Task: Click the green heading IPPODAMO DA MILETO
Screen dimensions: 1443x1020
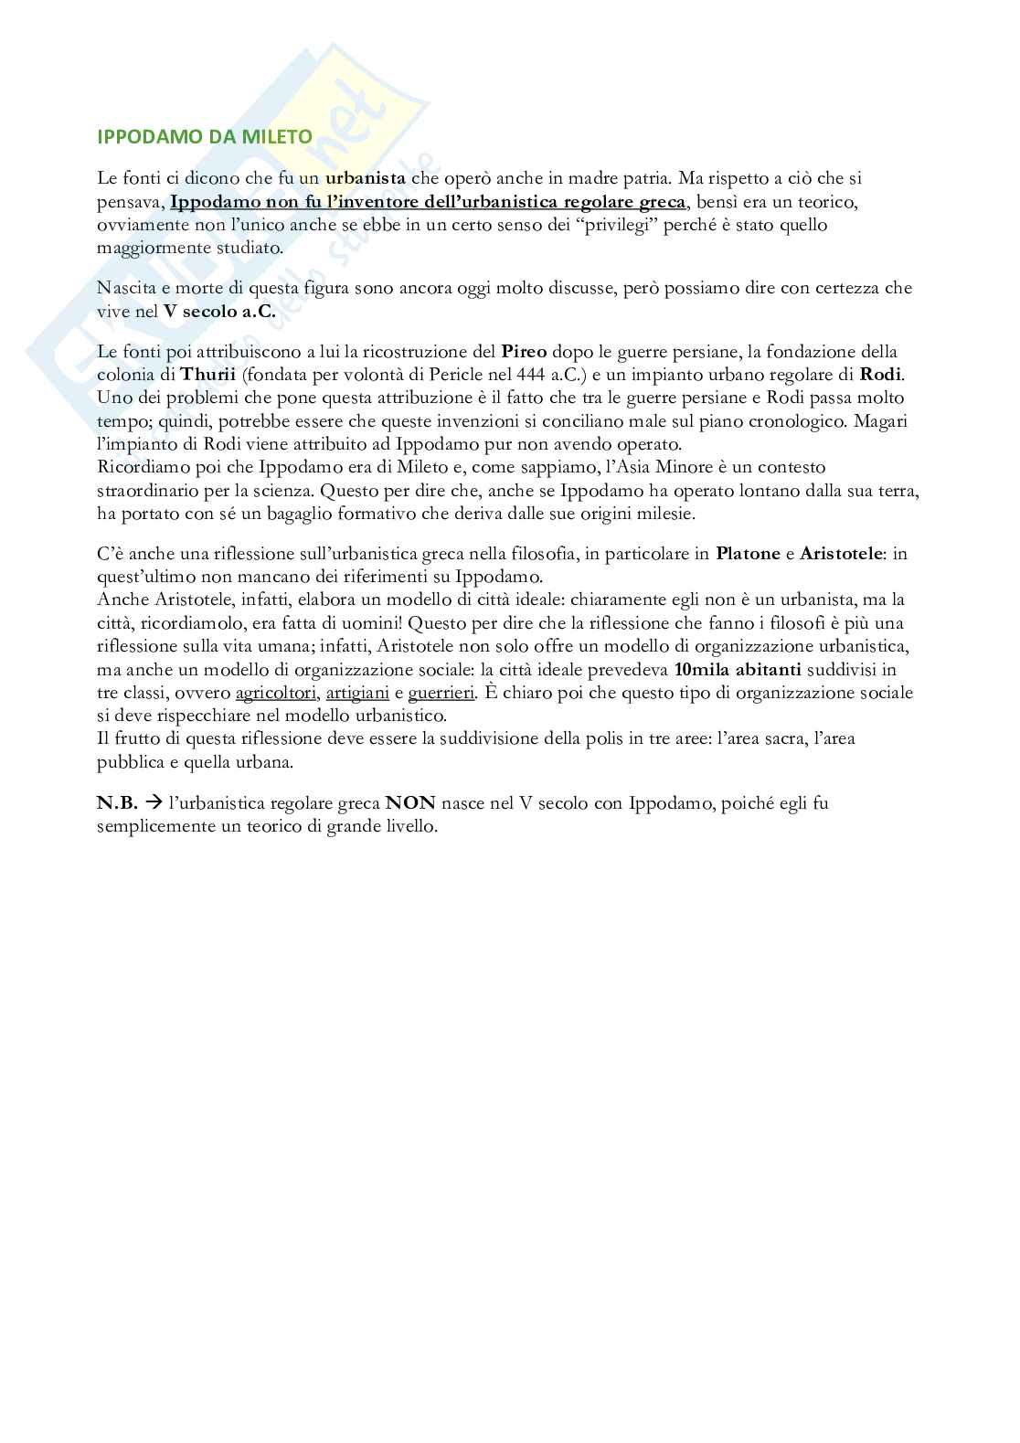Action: (x=205, y=137)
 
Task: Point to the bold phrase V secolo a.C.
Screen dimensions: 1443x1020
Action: (x=219, y=311)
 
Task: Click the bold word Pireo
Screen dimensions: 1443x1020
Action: (x=525, y=352)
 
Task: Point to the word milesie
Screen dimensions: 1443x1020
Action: (x=668, y=514)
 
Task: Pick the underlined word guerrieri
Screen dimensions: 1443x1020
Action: (x=441, y=693)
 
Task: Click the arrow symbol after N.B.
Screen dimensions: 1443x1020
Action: (x=154, y=804)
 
